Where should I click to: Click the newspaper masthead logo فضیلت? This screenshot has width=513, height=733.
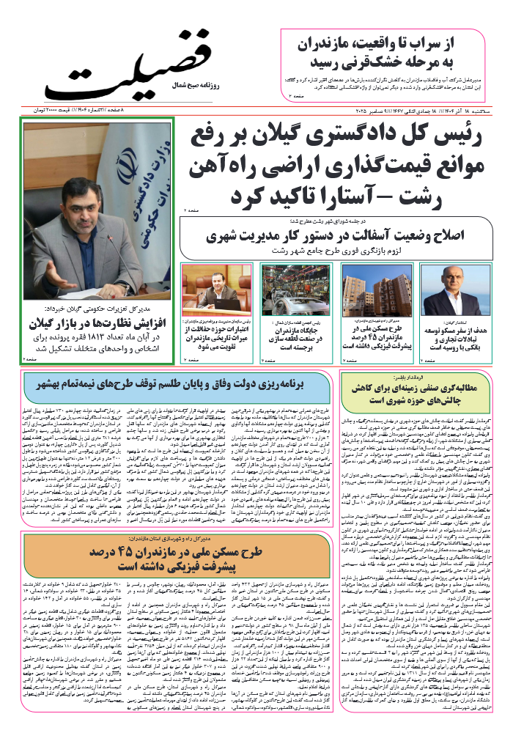coord(136,68)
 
